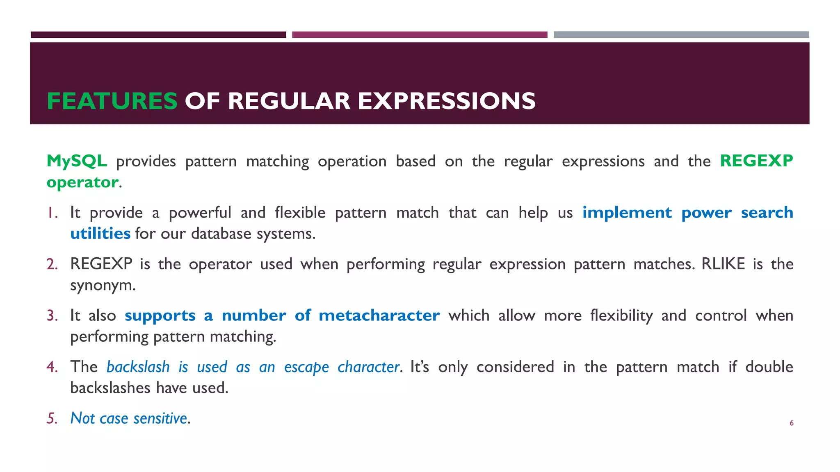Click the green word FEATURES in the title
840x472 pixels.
(x=112, y=101)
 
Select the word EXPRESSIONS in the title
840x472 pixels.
(x=447, y=101)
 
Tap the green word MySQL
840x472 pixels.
(x=77, y=161)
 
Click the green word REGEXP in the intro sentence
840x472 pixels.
(x=756, y=161)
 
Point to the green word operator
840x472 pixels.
(x=82, y=182)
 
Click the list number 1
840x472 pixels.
(x=51, y=213)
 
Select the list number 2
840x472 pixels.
(x=52, y=264)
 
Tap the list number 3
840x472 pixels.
(x=52, y=315)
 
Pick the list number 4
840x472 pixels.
(x=52, y=367)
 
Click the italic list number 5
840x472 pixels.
(x=52, y=418)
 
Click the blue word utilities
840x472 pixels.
(x=100, y=234)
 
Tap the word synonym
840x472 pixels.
(x=103, y=286)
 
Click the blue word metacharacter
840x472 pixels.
(x=379, y=315)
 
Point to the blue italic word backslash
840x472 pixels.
(x=138, y=367)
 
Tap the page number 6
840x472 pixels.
(x=792, y=423)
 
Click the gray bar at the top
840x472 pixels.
(x=681, y=35)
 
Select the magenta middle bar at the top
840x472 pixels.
(x=420, y=35)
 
